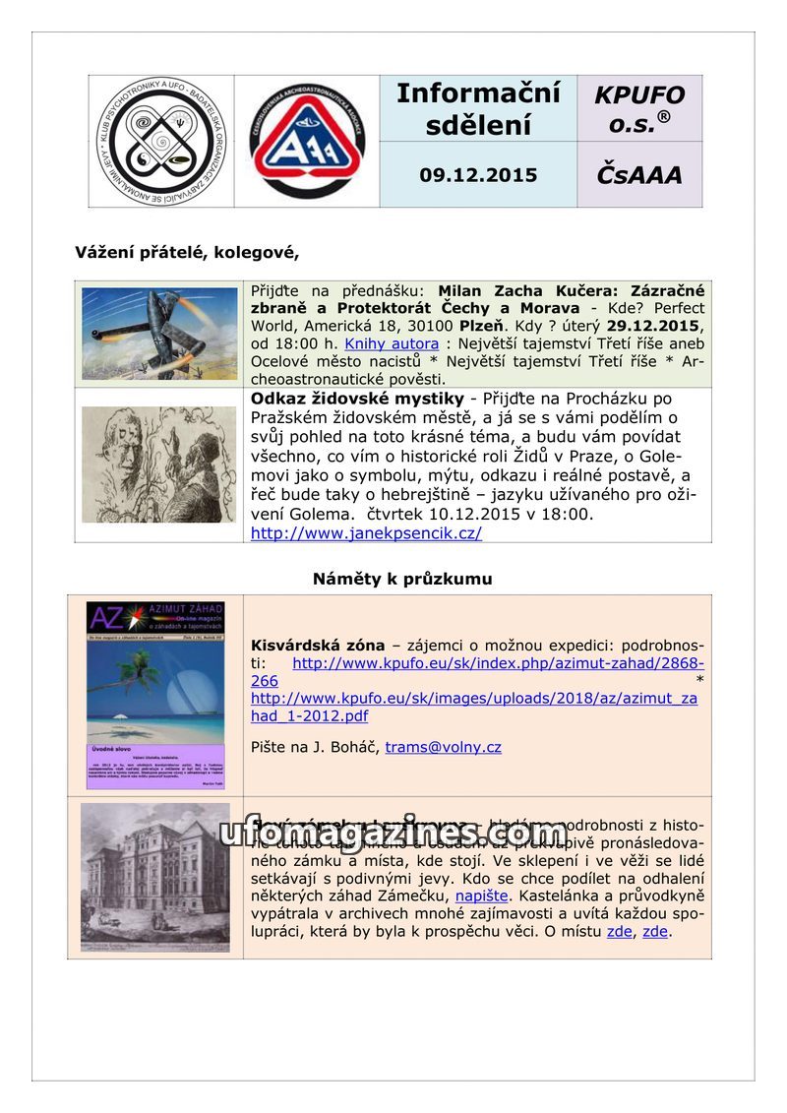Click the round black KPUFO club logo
coord(161,141)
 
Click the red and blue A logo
coord(307,142)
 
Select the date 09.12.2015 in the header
coord(478,175)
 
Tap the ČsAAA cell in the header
coord(638,175)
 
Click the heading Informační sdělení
coord(478,108)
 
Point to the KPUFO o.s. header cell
coord(638,108)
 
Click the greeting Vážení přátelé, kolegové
coord(187,252)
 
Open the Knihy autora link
coord(392,343)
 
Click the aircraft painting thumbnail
coord(159,334)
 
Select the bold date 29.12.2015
coord(654,326)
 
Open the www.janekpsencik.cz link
coord(366,533)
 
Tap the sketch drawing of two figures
coord(159,464)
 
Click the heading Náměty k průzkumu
coord(402,579)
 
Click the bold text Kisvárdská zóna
coord(318,646)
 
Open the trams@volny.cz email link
coord(443,747)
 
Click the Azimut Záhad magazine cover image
coord(155,695)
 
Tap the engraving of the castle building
coord(155,878)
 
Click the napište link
coord(481,897)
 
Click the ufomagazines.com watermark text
coord(393,834)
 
